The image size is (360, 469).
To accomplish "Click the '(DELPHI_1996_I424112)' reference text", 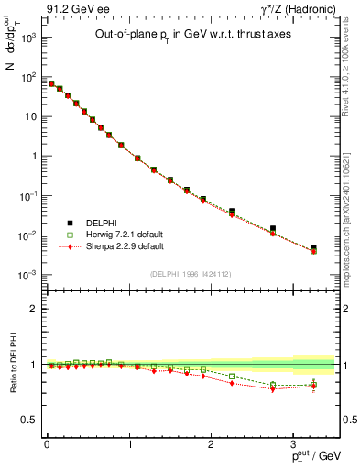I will (190, 273).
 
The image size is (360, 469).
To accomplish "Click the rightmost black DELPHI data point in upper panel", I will (313, 247).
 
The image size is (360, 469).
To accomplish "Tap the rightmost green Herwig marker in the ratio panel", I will (313, 385).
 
